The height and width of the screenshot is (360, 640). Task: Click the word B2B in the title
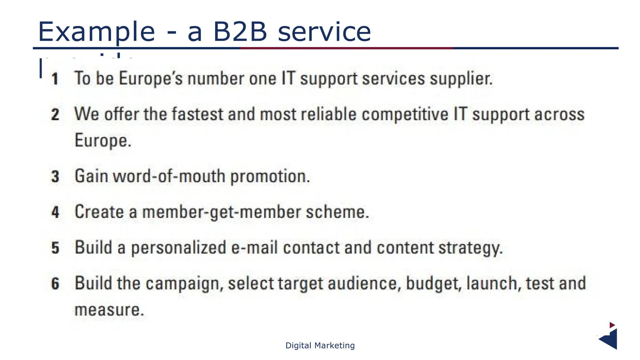[240, 32]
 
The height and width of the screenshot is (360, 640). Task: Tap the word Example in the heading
[96, 32]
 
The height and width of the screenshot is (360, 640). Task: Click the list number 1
[55, 78]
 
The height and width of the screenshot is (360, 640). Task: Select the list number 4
[55, 212]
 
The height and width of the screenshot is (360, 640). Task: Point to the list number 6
[55, 284]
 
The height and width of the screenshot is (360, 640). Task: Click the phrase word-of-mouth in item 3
[169, 176]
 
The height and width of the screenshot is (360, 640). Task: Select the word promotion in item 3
[270, 177]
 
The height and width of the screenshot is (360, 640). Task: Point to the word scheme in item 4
[337, 212]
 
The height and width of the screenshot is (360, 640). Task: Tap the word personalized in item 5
[178, 248]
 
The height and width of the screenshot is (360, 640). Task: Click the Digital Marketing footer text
[320, 346]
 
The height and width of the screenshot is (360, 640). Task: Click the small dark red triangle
[612, 325]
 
